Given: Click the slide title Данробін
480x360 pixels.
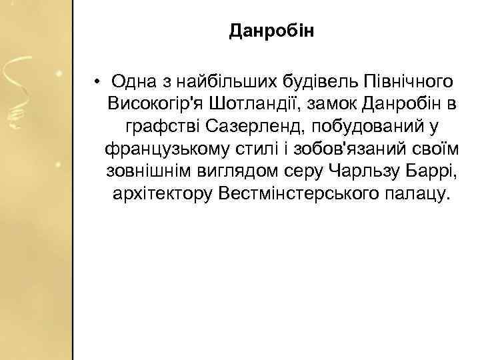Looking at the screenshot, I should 271,31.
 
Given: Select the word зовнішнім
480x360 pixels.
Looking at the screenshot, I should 146,171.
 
